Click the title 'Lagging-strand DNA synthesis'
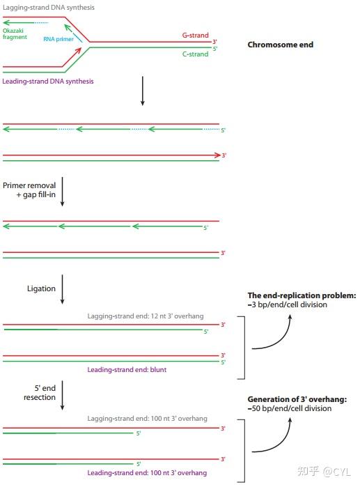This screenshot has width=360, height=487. coord(49,7)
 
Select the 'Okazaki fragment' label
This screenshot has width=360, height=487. coord(15,33)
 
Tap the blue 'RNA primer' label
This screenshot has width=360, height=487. coord(58,39)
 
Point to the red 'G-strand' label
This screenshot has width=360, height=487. coord(195,35)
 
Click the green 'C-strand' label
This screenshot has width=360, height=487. coord(195,54)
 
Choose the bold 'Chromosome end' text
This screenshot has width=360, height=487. coord(280,45)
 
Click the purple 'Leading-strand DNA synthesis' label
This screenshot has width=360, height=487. coord(48,82)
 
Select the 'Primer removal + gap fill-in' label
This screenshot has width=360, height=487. coord(29,190)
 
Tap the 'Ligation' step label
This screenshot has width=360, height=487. coord(41,288)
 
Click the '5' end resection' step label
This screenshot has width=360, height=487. coord(40,392)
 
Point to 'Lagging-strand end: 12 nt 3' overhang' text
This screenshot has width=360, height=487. coord(146,316)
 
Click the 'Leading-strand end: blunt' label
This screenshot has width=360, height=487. coord(127,369)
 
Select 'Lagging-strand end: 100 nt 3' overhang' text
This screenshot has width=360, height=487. coord(147,418)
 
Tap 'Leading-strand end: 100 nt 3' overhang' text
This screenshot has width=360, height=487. coord(147,472)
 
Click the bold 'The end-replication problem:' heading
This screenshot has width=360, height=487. coord(302,295)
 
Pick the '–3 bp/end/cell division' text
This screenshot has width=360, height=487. coord(288,304)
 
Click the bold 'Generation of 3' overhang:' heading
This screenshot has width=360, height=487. coord(297,399)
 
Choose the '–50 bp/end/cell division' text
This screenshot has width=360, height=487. coord(290,408)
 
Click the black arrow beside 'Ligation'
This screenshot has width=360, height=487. coord(62,289)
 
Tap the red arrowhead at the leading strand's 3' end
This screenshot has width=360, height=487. coord(217,155)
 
